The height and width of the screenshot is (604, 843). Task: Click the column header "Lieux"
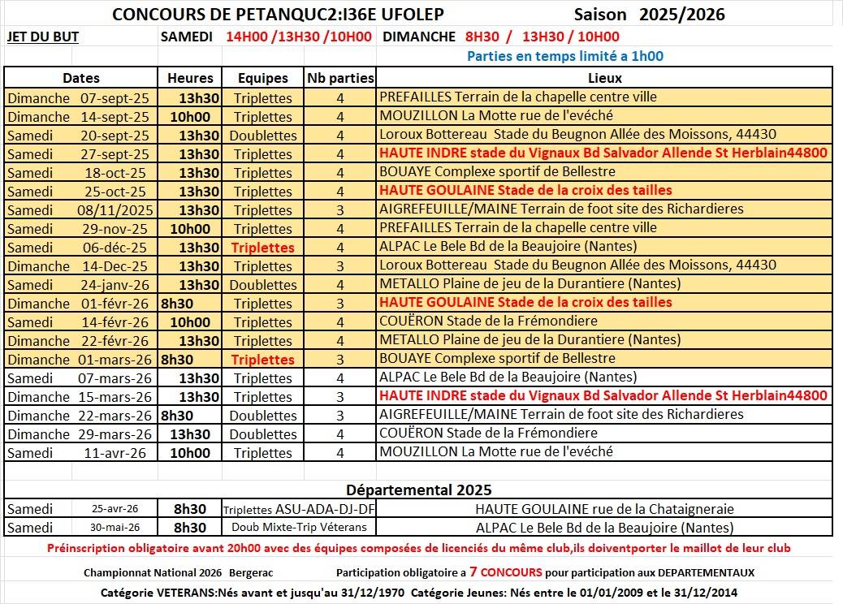tap(604, 78)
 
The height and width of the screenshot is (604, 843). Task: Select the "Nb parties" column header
tap(340, 78)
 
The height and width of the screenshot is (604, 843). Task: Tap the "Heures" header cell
tap(190, 78)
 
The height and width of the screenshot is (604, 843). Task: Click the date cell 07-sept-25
tap(115, 97)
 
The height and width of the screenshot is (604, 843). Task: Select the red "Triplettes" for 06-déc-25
tap(262, 248)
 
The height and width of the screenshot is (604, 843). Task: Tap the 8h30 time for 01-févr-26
tap(177, 303)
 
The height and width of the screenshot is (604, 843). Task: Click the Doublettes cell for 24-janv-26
tap(262, 285)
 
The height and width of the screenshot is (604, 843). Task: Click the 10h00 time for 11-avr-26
tap(190, 453)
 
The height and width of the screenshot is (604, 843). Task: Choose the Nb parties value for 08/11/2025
tap(340, 209)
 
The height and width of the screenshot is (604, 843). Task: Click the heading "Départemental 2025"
tap(418, 490)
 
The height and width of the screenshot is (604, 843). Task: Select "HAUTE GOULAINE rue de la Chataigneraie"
tap(604, 509)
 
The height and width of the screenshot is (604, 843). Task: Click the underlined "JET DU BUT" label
tap(42, 37)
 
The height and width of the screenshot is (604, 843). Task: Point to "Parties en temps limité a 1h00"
tap(564, 56)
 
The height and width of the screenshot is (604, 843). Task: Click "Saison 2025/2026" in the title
tap(649, 15)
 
